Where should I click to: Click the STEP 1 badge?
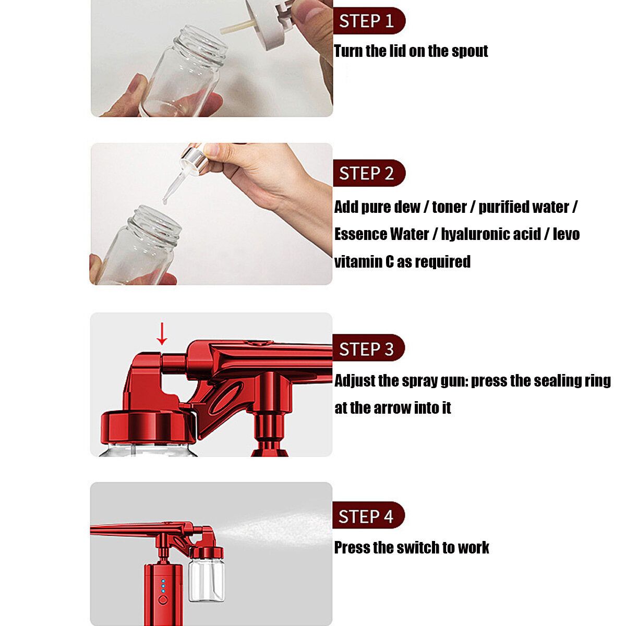[369, 20]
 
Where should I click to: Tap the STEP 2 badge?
[369, 173]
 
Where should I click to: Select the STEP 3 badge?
[369, 347]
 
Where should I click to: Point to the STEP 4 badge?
[369, 515]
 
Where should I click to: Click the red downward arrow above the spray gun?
[162, 334]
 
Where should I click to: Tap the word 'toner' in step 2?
[450, 207]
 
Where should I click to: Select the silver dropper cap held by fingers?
[194, 160]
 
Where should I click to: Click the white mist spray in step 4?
[276, 529]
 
